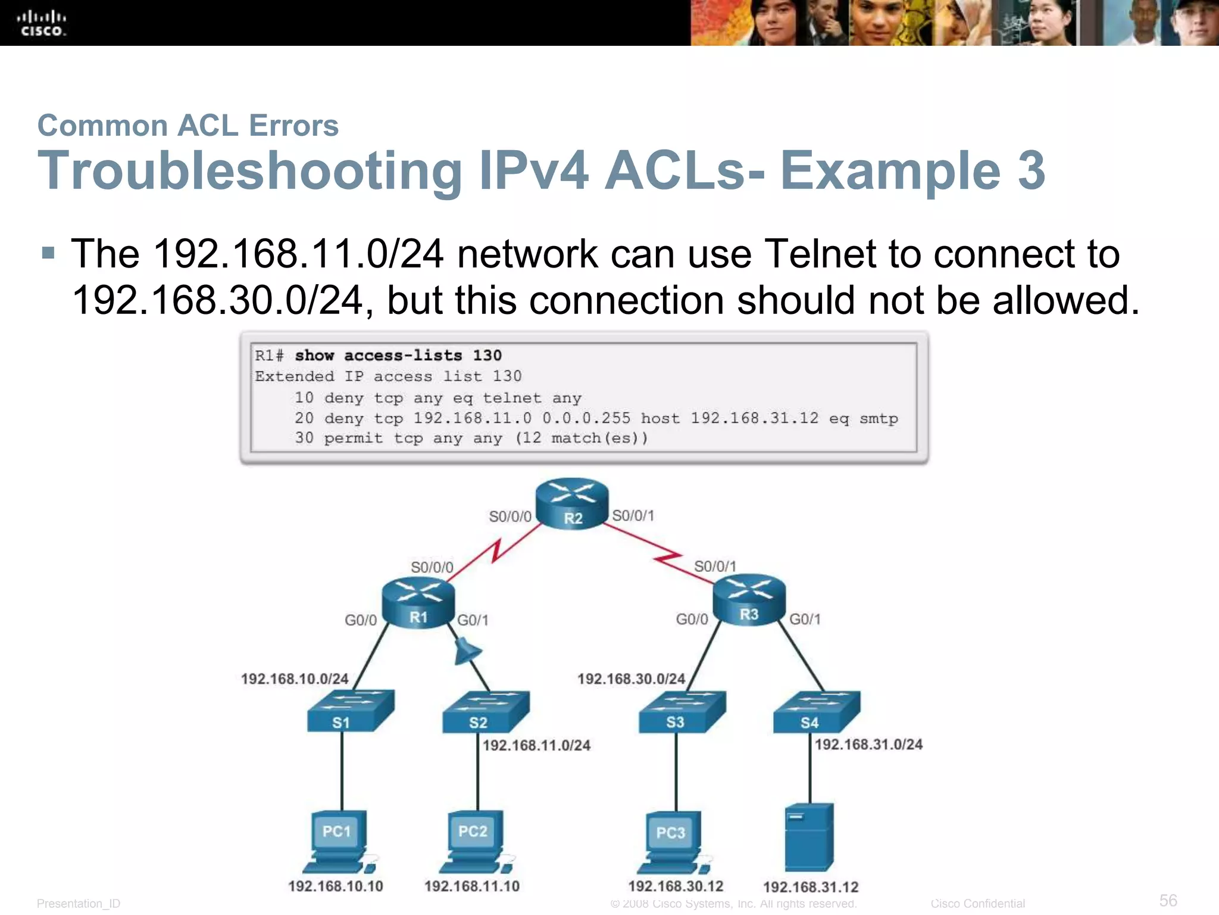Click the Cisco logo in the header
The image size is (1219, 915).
pos(42,24)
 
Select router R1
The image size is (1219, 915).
pos(418,602)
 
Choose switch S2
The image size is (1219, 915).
pos(485,712)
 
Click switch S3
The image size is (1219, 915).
pos(682,711)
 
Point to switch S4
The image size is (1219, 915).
pos(816,712)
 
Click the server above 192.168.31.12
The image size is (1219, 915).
pos(809,837)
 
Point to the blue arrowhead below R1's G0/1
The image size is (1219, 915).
pos(467,652)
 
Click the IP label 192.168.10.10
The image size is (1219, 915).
pos(336,886)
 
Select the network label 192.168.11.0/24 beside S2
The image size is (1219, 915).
pos(536,745)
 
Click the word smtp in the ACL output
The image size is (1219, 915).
pos(879,419)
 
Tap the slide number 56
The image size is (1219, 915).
pos(1168,900)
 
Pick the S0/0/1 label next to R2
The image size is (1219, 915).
pos(633,515)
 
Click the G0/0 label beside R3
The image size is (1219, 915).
pos(692,620)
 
